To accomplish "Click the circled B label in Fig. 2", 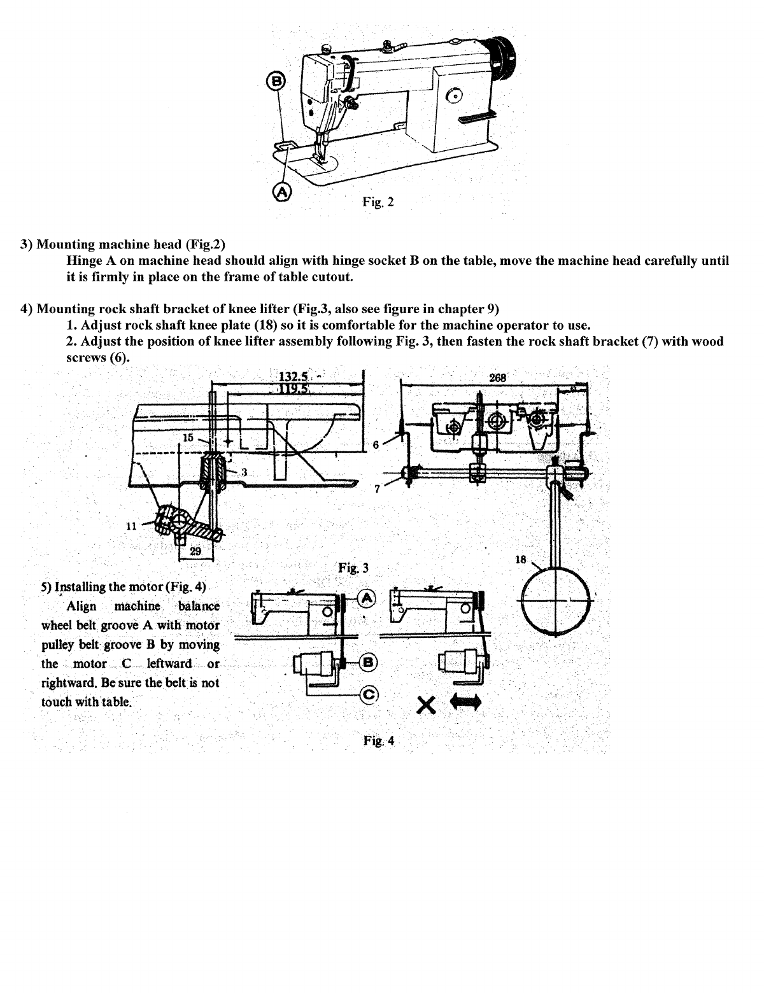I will coord(279,81).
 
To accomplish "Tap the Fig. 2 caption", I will coord(378,202).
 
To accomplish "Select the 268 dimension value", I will coord(497,377).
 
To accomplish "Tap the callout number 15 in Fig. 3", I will coord(188,438).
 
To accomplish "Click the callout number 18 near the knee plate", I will coord(521,560).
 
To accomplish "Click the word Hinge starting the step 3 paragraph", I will coord(83,261).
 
